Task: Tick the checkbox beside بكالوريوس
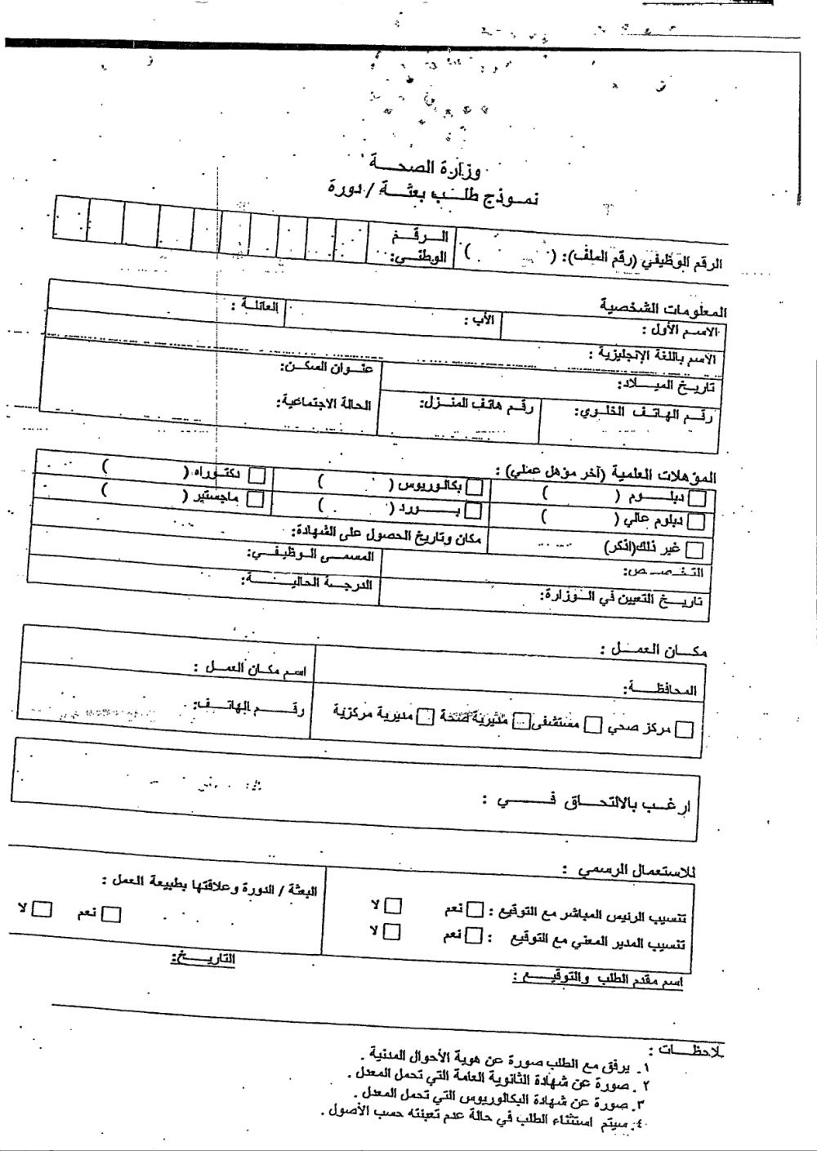(474, 488)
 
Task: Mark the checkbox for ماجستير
(256, 497)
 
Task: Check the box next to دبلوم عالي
(696, 521)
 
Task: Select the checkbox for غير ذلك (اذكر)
(694, 549)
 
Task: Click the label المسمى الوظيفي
(311, 555)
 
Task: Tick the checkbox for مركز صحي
(685, 729)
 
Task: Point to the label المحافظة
(671, 689)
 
